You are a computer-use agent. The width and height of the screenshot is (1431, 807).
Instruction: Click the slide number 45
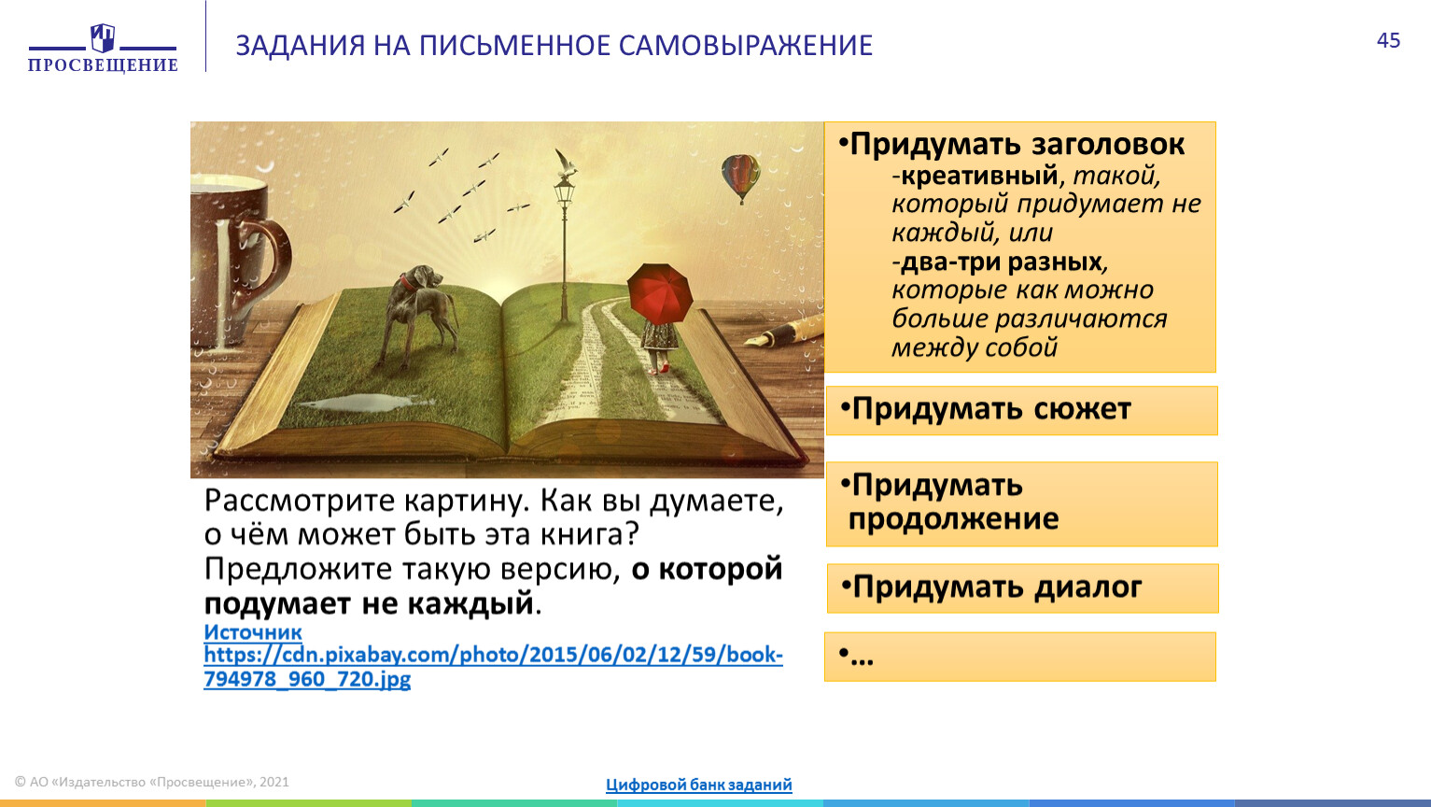click(1388, 40)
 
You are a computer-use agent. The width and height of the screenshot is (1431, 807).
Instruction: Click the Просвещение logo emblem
click(103, 37)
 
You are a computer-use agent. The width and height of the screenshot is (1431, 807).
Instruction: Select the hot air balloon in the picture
click(740, 178)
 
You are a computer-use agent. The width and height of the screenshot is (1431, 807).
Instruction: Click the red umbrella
click(660, 292)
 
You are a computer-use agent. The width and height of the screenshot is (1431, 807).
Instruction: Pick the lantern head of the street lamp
click(564, 190)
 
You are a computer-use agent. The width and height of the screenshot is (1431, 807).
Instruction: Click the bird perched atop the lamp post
click(566, 163)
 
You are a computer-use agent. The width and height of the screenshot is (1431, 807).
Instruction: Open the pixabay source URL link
click(493, 666)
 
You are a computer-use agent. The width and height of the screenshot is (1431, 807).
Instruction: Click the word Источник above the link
click(253, 631)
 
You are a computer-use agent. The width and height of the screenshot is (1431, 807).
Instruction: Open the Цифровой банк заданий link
click(699, 784)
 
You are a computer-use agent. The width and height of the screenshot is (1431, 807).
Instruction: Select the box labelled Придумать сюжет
click(1021, 411)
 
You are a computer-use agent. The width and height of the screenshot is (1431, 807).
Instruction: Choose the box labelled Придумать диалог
click(1023, 588)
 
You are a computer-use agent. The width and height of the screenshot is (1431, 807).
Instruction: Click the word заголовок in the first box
click(1108, 144)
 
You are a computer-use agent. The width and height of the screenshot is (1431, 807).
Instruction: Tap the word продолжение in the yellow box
click(953, 518)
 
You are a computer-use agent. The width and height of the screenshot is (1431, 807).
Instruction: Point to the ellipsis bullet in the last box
click(856, 656)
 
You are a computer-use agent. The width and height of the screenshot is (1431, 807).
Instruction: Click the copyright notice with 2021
click(151, 782)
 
